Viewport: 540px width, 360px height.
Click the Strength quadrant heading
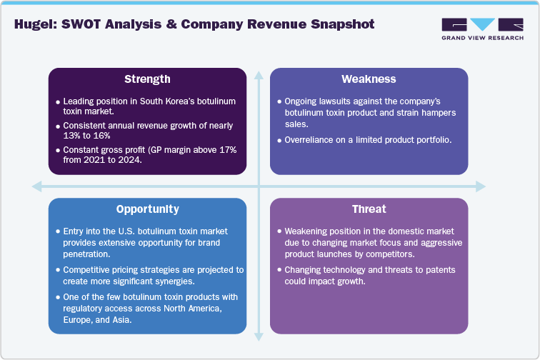[147, 79]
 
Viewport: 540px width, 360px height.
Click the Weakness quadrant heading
[369, 79]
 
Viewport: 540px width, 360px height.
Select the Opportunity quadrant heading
[147, 209]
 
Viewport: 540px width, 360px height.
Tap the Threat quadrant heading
[369, 209]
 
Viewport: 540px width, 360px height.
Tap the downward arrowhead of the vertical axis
[258, 333]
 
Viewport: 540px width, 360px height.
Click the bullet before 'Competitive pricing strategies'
[57, 270]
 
